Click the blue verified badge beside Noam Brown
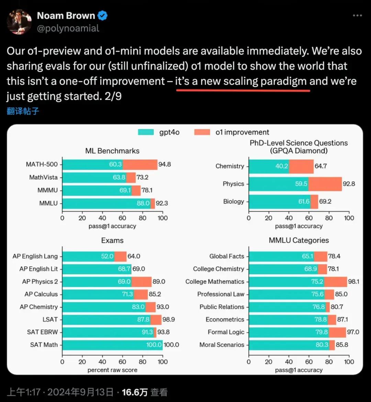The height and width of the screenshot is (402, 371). (103, 16)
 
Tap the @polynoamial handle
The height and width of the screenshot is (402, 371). (68, 28)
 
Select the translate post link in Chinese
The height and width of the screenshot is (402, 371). (23, 111)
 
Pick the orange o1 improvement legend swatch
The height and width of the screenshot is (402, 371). (202, 132)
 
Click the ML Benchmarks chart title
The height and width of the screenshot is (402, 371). (112, 151)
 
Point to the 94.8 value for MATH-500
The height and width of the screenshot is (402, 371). (165, 164)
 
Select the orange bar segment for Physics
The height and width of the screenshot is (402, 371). (325, 184)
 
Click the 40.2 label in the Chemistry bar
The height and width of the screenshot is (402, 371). (282, 166)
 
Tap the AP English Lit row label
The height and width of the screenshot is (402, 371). (38, 269)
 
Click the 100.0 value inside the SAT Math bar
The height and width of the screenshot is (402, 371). (154, 345)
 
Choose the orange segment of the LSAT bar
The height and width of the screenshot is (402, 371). (156, 319)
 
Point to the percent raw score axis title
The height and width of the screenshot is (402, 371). (112, 370)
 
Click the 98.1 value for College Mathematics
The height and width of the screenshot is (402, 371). (353, 282)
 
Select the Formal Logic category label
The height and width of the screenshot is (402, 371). (226, 332)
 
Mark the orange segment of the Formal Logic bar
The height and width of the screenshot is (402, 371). (337, 332)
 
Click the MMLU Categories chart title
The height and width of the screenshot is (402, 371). (299, 240)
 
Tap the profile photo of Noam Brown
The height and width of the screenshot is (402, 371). (19, 22)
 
